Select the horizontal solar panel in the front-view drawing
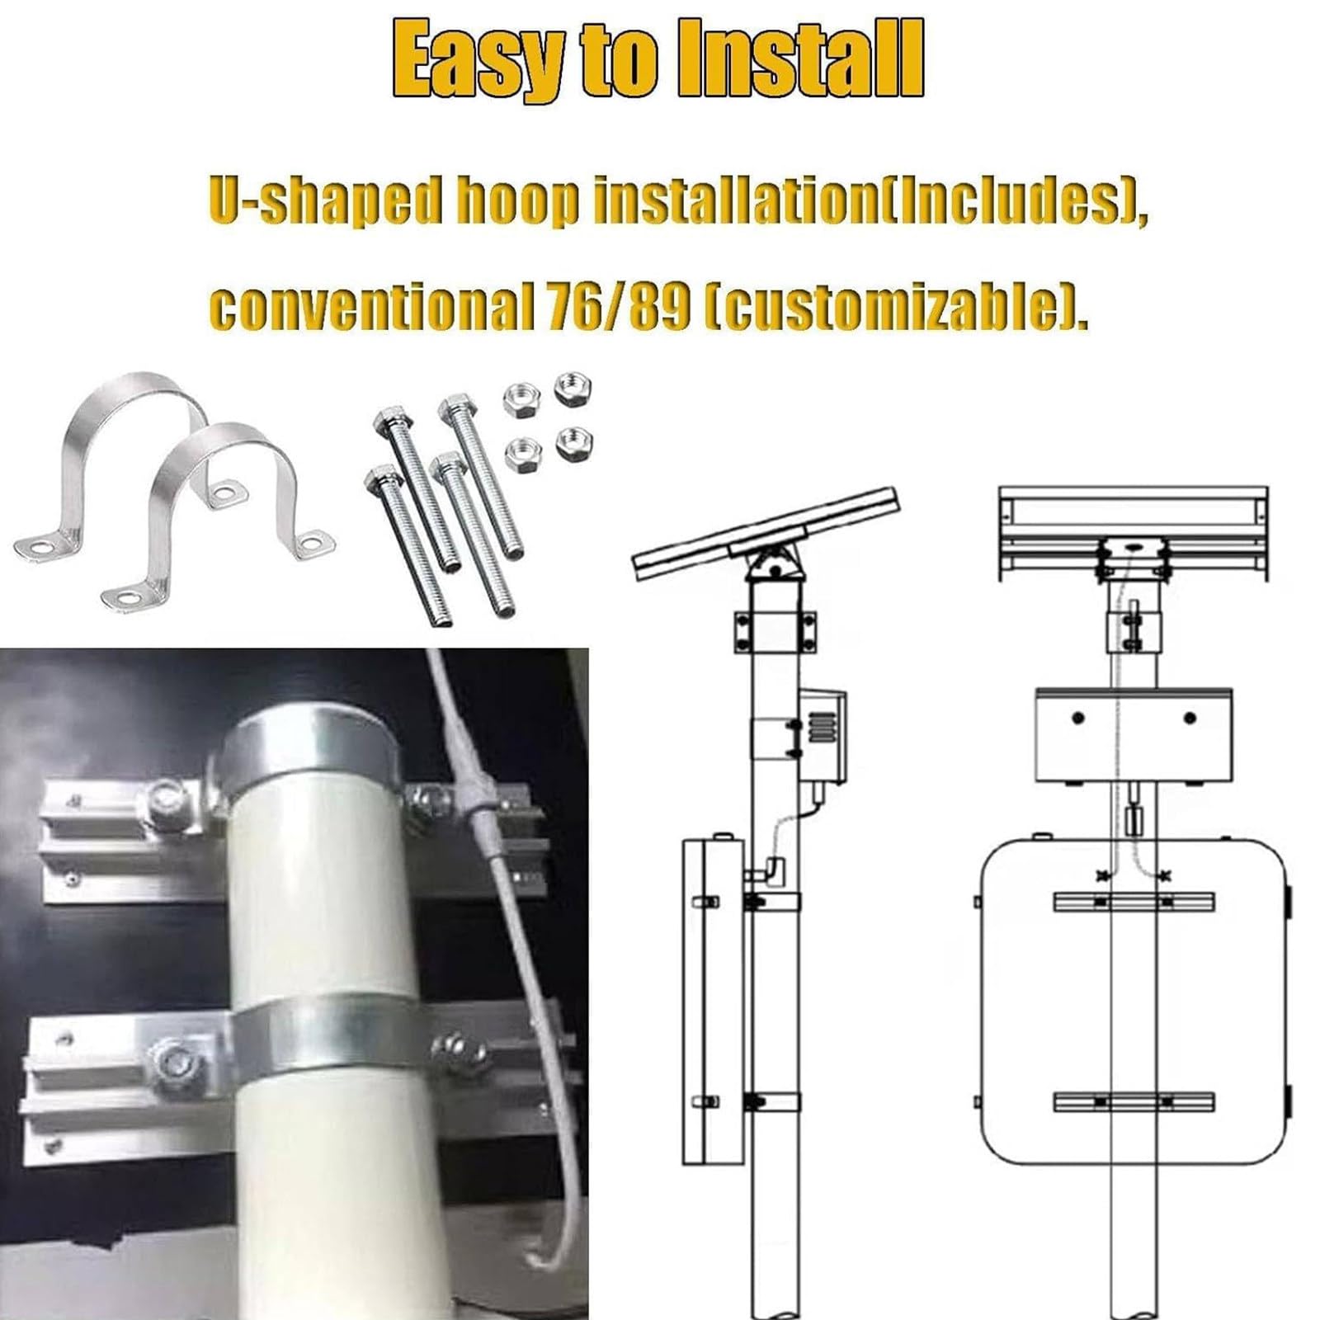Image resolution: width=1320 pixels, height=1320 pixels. pos(1133,534)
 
